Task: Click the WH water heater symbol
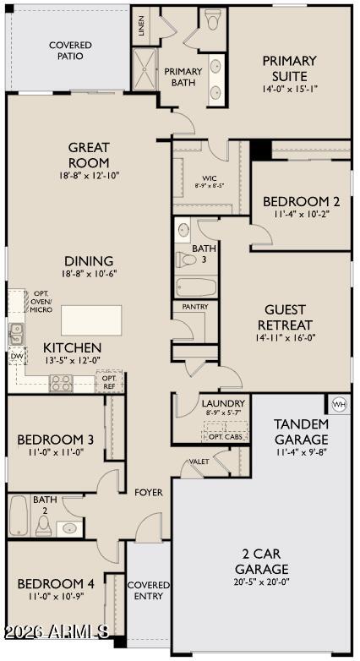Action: [340, 405]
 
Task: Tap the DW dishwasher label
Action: [16, 357]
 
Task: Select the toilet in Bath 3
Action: [186, 259]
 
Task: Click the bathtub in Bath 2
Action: [19, 515]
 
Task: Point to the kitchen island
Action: [91, 320]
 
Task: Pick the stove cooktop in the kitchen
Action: [61, 384]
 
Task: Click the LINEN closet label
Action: [141, 26]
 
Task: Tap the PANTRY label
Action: [195, 307]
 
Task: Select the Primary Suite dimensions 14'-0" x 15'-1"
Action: [289, 90]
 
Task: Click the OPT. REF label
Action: [109, 380]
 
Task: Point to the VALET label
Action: [199, 462]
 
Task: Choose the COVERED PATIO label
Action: [70, 50]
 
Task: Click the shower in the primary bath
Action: [145, 69]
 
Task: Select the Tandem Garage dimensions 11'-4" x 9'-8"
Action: [301, 453]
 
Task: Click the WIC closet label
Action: [205, 178]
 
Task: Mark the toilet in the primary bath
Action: [212, 19]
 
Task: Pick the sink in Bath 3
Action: [183, 230]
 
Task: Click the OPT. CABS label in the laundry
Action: [226, 437]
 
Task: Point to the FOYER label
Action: [149, 493]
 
